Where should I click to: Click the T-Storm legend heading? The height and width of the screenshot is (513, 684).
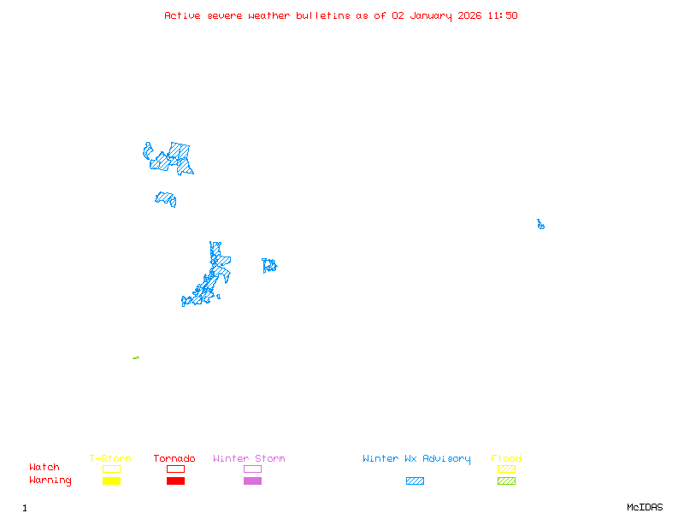(x=110, y=458)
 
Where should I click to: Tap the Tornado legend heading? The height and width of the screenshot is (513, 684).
(x=174, y=458)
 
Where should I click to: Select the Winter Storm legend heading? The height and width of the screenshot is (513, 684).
(x=249, y=458)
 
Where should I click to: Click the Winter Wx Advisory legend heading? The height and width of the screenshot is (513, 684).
(x=416, y=458)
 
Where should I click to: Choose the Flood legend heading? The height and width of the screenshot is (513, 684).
(x=506, y=458)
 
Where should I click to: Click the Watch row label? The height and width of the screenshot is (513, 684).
(x=44, y=468)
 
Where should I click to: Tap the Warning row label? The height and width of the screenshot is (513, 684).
(x=50, y=481)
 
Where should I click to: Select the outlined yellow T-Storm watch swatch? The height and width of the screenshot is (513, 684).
(x=111, y=469)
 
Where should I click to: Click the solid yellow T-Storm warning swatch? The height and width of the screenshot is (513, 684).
(x=111, y=481)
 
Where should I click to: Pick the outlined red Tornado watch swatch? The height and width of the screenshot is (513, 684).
(x=175, y=469)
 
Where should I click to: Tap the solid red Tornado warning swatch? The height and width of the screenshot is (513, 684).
(x=175, y=481)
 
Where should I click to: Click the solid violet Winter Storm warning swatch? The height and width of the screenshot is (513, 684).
(x=252, y=481)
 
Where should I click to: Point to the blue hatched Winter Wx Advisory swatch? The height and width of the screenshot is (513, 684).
(x=415, y=481)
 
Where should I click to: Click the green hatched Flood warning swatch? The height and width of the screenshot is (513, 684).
(x=506, y=481)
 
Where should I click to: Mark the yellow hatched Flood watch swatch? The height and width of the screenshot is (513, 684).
(x=506, y=469)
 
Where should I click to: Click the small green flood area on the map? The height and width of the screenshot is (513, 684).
(x=136, y=357)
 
